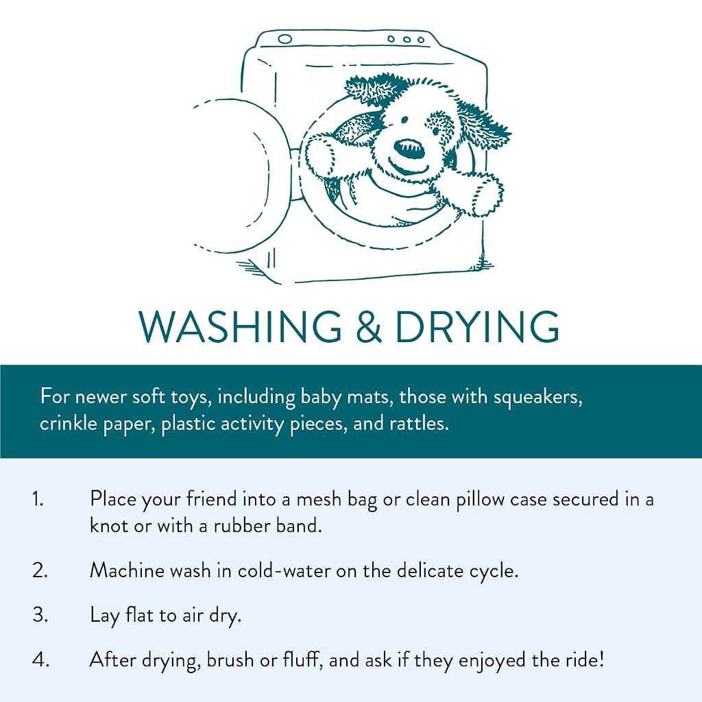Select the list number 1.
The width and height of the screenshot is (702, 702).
tap(38, 499)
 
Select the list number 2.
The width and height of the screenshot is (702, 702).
tap(40, 571)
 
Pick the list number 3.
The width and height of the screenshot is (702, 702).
tap(40, 615)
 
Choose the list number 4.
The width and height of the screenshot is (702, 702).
tap(40, 660)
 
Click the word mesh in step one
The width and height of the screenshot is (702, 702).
tap(319, 499)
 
